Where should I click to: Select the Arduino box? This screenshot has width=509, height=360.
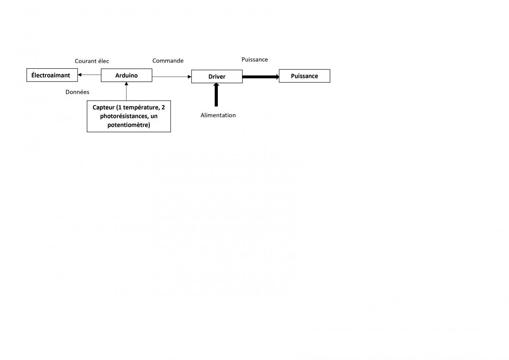[126, 75]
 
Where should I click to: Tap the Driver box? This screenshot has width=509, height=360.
[217, 76]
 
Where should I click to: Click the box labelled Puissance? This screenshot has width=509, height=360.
[304, 76]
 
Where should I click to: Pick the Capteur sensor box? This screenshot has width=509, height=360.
[129, 116]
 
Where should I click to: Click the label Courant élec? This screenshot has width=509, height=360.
[92, 61]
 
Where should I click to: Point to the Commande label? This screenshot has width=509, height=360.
[168, 60]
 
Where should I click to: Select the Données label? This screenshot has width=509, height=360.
[77, 92]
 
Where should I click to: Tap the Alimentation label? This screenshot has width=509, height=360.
[218, 115]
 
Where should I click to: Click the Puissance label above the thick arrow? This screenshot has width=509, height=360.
[254, 59]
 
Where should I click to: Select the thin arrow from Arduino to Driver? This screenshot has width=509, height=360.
[171, 76]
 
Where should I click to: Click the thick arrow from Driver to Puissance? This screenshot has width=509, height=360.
[260, 76]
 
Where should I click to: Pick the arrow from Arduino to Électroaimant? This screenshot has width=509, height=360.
[89, 75]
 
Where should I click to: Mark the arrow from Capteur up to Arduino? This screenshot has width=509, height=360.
[126, 91]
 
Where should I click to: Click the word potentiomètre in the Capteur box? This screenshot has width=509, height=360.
[128, 125]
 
